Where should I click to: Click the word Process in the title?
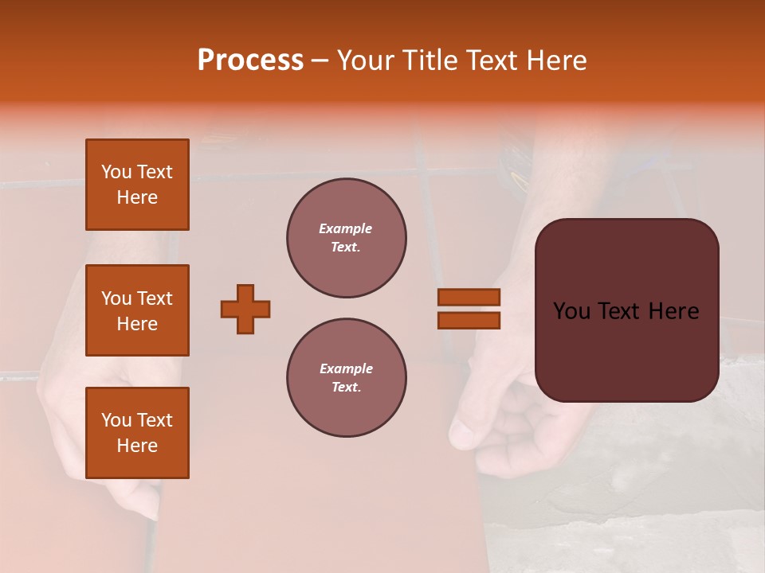pyautogui.click(x=250, y=60)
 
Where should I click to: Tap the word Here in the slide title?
pyautogui.click(x=552, y=60)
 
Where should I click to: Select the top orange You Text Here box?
pyautogui.click(x=137, y=185)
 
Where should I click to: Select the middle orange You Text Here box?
pyautogui.click(x=137, y=310)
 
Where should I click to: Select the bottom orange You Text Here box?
pyautogui.click(x=137, y=433)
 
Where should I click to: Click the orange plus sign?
pyautogui.click(x=245, y=309)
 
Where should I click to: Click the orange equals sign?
pyautogui.click(x=469, y=309)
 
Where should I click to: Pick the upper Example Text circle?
pyautogui.click(x=346, y=238)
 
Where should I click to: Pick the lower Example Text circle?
pyautogui.click(x=346, y=378)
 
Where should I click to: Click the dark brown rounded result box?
pyautogui.click(x=626, y=310)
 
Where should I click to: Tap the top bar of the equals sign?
pyautogui.click(x=469, y=298)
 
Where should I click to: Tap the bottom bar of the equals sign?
pyautogui.click(x=469, y=320)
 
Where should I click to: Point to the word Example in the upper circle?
pyautogui.click(x=346, y=229)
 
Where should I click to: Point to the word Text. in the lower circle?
pyautogui.click(x=346, y=388)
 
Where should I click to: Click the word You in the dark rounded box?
pyautogui.click(x=571, y=311)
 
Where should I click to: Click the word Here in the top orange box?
pyautogui.click(x=137, y=197)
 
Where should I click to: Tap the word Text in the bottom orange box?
pyautogui.click(x=155, y=420)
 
